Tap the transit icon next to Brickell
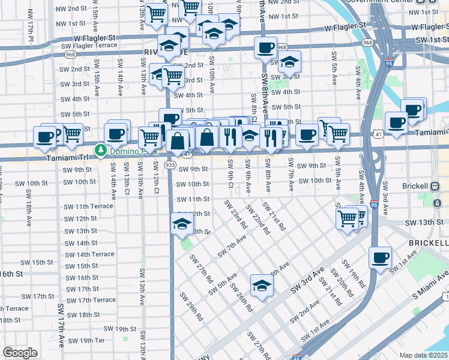(x=435, y=186)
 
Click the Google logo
(x=20, y=352)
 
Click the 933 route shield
(x=170, y=164)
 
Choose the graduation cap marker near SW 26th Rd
(x=262, y=286)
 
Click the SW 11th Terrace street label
(x=88, y=206)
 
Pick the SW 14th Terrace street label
(x=89, y=254)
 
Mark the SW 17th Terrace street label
(x=91, y=300)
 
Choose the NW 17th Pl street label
(x=30, y=34)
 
